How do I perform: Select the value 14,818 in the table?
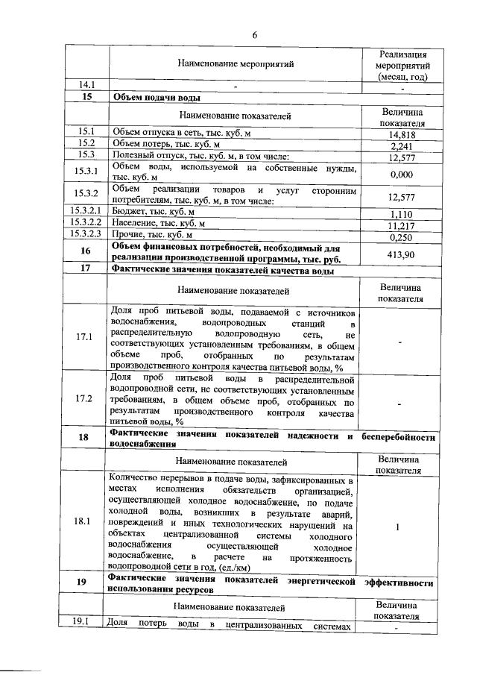pyautogui.click(x=402, y=135)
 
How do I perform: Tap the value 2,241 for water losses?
pyautogui.click(x=402, y=146)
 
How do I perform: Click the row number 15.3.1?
pyautogui.click(x=86, y=172)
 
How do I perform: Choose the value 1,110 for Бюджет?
pyautogui.click(x=402, y=214)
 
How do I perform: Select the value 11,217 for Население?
pyautogui.click(x=402, y=225)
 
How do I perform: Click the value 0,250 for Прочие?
pyautogui.click(x=402, y=237)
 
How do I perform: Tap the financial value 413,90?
pyautogui.click(x=402, y=254)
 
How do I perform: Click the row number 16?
pyautogui.click(x=86, y=252)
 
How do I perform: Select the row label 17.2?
pyautogui.click(x=86, y=398)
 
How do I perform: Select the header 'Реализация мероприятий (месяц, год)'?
pyautogui.click(x=402, y=65)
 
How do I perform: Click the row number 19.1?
pyautogui.click(x=86, y=621)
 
